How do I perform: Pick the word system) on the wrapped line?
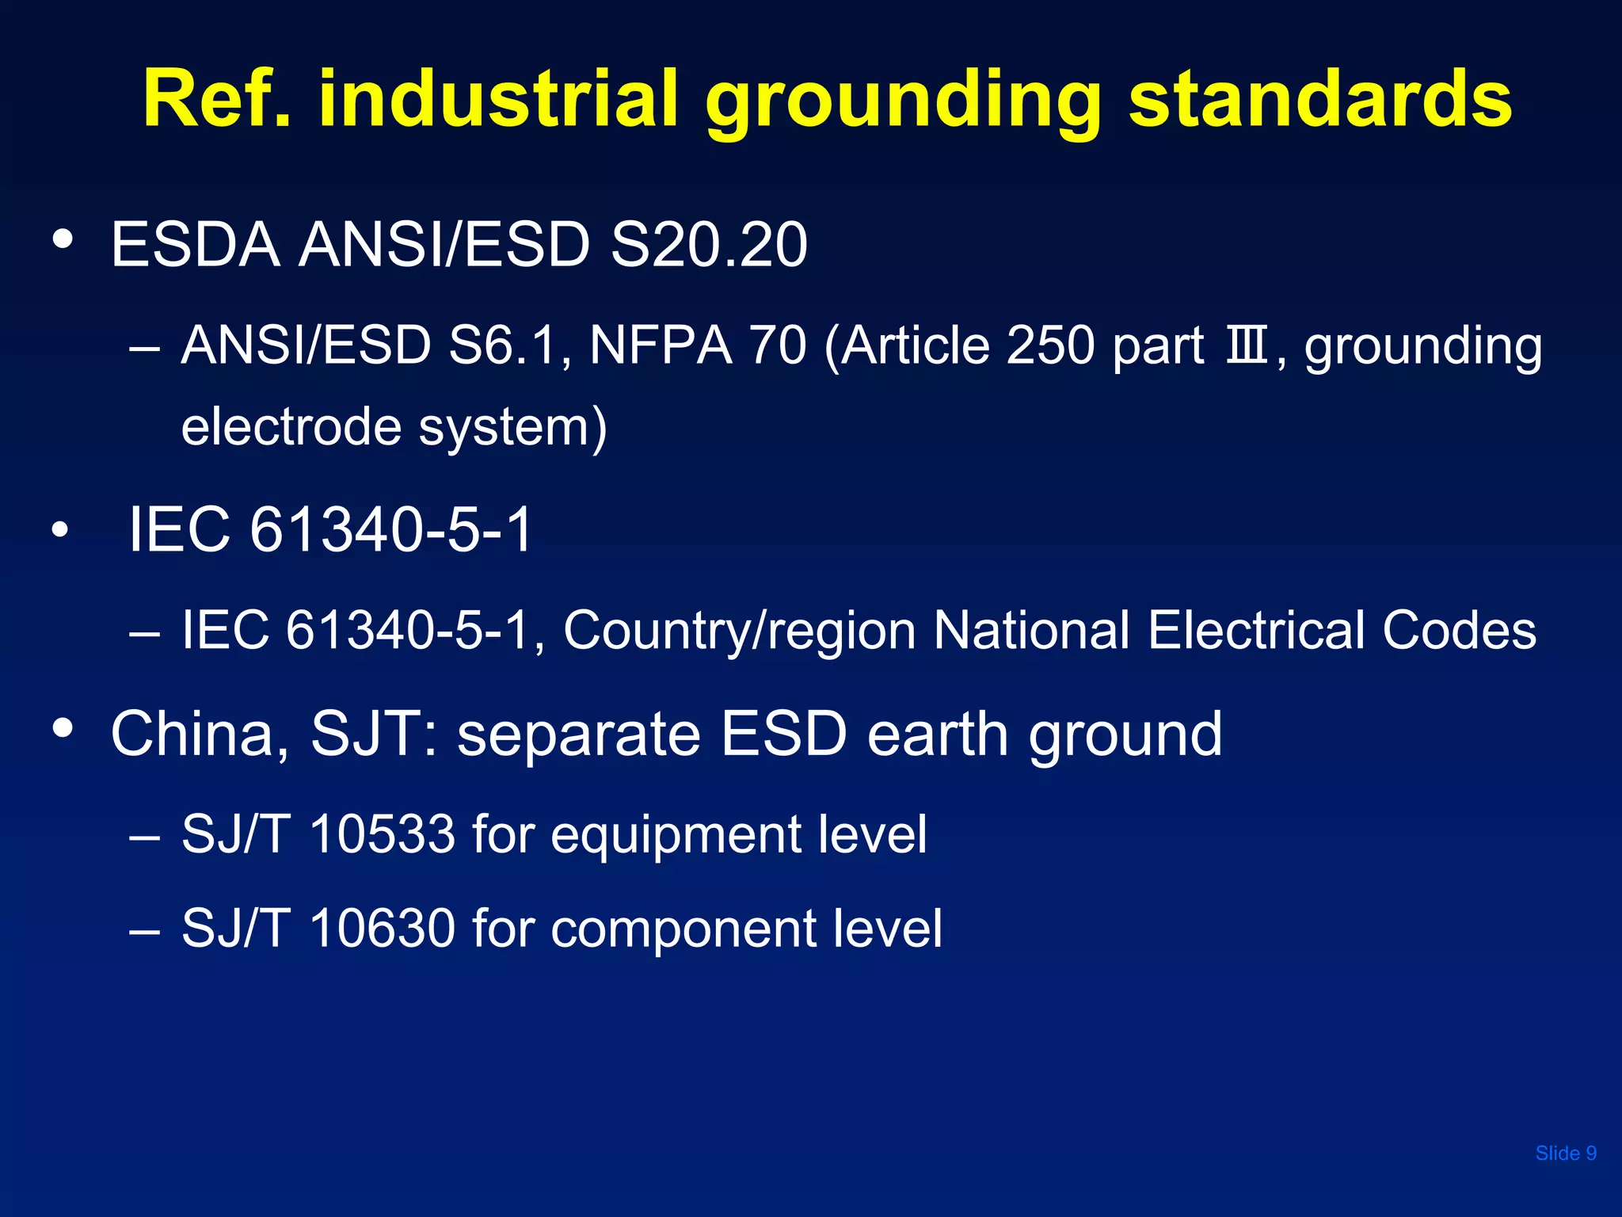pos(512,428)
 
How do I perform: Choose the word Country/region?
pos(740,631)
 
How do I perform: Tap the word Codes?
pos(1459,631)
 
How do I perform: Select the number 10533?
pos(383,834)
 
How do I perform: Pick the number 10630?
pos(383,928)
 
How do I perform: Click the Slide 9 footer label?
pos(1566,1154)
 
